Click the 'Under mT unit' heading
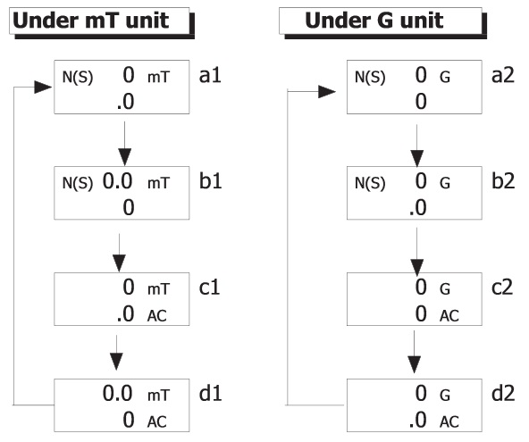(x=91, y=21)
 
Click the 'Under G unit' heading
(x=374, y=21)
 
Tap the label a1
(x=210, y=75)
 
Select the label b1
(x=211, y=181)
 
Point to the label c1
(x=209, y=288)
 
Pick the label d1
(x=211, y=394)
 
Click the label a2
(x=503, y=75)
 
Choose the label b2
(x=503, y=181)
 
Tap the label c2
(x=502, y=288)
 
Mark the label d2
(x=503, y=394)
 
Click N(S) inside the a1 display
(x=78, y=78)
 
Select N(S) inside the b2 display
(x=370, y=183)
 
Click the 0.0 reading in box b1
(x=117, y=181)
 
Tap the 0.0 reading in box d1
(x=117, y=394)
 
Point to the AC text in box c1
(x=157, y=316)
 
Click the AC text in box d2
(x=449, y=422)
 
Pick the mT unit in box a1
(x=158, y=78)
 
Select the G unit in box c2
(x=445, y=289)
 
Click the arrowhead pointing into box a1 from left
(x=43, y=88)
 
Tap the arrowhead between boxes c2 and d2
(x=415, y=364)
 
